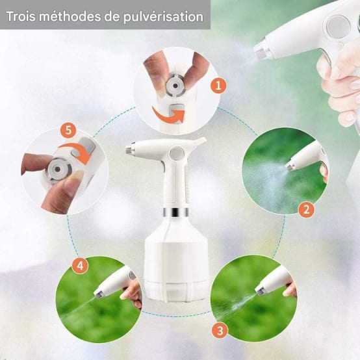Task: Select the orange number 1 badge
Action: [x=218, y=84]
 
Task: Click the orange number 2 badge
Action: [x=307, y=209]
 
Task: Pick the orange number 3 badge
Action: [x=220, y=330]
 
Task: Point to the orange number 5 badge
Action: [x=68, y=130]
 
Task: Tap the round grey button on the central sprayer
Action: [x=176, y=154]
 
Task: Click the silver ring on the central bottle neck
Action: [x=175, y=212]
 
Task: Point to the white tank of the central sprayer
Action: [x=175, y=260]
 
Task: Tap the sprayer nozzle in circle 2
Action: [x=290, y=166]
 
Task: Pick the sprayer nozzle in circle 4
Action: [x=99, y=294]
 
